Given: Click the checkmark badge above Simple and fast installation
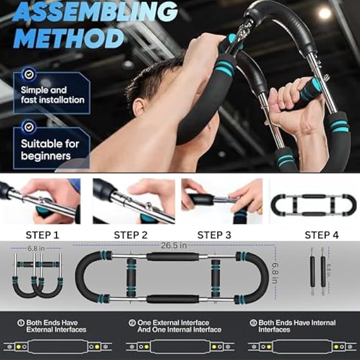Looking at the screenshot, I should tap(29, 74).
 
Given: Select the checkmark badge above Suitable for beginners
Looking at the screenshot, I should tap(29, 127).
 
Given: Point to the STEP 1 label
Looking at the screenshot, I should tap(43, 235).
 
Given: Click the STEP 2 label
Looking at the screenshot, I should tap(131, 235).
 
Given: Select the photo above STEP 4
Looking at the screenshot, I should tap(313, 204).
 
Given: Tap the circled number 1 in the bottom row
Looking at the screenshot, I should tap(21, 322).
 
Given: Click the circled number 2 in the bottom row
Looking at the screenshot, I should tap(132, 322).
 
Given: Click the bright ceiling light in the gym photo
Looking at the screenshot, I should tap(325, 13).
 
